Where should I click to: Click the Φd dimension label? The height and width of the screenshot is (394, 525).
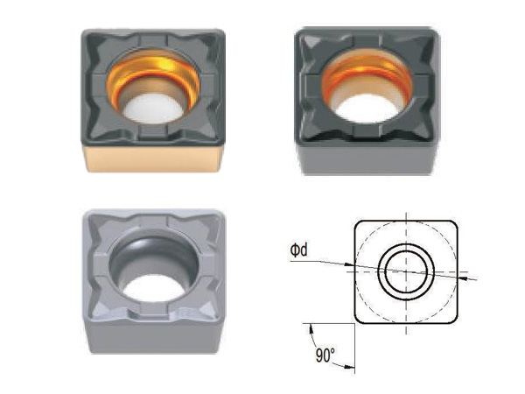pyautogui.click(x=298, y=250)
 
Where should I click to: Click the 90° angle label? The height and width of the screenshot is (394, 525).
pyautogui.click(x=325, y=355)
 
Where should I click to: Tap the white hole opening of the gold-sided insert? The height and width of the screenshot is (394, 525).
pyautogui.click(x=153, y=109)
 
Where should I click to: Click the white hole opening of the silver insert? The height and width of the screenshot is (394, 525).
pyautogui.click(x=154, y=288)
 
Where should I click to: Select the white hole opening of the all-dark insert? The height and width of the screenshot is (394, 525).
pyautogui.click(x=367, y=109)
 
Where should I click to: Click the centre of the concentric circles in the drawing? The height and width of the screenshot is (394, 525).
pyautogui.click(x=406, y=271)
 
